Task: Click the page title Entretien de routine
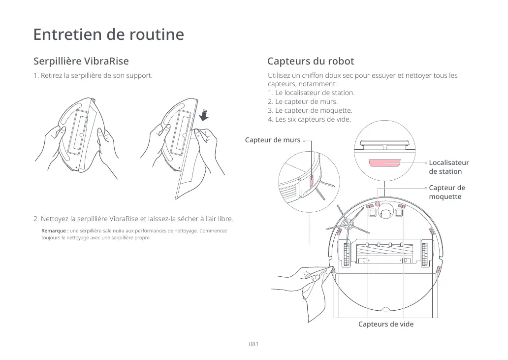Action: [x=108, y=35]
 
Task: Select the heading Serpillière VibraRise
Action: [x=81, y=62]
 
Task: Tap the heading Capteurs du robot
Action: [x=310, y=62]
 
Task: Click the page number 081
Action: [x=254, y=344]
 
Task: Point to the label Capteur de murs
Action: [x=273, y=140]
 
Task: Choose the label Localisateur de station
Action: [x=448, y=167]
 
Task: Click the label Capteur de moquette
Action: [x=446, y=192]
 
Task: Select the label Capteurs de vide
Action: [x=385, y=324]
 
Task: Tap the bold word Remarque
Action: [x=54, y=231]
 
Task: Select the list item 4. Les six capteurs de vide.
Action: [x=309, y=119]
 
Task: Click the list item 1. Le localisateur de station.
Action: [x=311, y=93]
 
